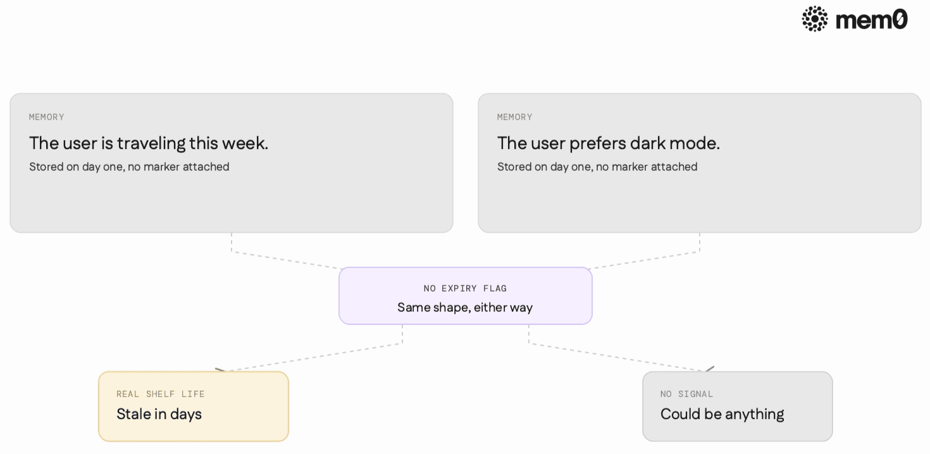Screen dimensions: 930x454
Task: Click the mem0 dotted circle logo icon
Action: (x=815, y=19)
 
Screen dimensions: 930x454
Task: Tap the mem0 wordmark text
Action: (x=871, y=20)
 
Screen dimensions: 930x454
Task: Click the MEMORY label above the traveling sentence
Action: (x=47, y=117)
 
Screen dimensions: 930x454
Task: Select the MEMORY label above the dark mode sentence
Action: (x=515, y=117)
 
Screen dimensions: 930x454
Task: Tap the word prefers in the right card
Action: (x=597, y=144)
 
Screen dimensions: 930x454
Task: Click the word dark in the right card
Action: (x=647, y=143)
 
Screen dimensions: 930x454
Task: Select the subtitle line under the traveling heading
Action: (x=129, y=167)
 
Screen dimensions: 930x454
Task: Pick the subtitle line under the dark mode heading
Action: (x=597, y=167)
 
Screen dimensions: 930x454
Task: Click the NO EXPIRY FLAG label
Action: (x=465, y=288)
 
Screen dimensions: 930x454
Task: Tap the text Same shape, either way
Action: (x=465, y=307)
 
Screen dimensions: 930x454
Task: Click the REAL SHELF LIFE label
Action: (x=160, y=394)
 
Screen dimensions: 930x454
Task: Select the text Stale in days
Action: (x=159, y=414)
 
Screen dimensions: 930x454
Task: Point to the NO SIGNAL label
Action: (x=686, y=394)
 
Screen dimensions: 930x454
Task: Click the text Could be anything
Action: (x=722, y=414)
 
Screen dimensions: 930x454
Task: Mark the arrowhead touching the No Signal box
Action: (x=709, y=369)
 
